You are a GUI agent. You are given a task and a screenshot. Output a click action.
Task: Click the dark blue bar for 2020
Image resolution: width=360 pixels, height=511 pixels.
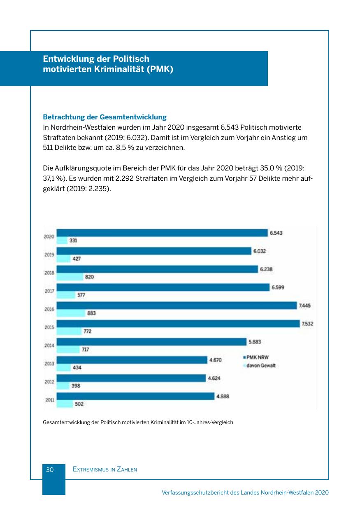pos(162,233)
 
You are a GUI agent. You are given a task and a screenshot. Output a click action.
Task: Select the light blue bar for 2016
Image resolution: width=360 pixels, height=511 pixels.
pos(70,313)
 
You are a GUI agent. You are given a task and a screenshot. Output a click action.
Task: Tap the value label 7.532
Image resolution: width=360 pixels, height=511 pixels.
pos(307,324)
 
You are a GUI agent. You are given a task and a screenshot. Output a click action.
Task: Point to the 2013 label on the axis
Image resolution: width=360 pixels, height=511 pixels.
pos(49,364)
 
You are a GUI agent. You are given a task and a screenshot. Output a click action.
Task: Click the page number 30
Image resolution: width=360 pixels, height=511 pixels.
pos(50,469)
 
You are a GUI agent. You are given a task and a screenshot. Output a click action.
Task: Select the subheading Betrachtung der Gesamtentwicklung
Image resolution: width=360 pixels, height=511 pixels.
pos(105,117)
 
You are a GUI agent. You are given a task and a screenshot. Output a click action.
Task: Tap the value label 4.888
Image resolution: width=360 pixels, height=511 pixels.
pos(223,397)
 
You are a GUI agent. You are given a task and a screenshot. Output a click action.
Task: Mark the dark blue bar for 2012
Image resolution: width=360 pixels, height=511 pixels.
pos(131,378)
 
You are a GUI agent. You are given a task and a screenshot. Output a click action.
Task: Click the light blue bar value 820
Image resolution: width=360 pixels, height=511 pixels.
pos(89,277)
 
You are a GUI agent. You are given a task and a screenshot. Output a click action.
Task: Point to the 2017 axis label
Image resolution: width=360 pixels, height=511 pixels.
pos(49,291)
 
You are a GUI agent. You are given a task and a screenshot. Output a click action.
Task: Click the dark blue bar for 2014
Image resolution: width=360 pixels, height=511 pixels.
pos(151,342)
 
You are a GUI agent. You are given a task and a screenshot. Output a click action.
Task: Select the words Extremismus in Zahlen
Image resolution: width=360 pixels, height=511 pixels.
pos(105,469)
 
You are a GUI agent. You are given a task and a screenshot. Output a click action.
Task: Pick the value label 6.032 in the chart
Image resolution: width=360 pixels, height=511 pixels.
pos(259,251)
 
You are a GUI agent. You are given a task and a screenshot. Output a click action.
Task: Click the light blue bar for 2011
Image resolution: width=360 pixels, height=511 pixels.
pos(65,404)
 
